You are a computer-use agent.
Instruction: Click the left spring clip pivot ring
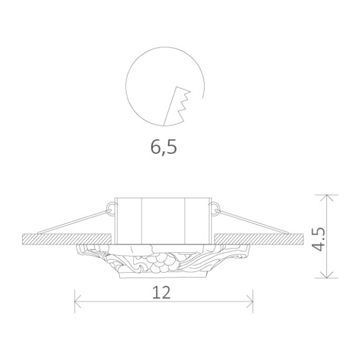pos(111,206)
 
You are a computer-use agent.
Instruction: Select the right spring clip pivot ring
pos(215,206)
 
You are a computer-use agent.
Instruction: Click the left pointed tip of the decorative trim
pos(77,248)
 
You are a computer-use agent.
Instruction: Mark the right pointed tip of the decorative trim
pos(250,248)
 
